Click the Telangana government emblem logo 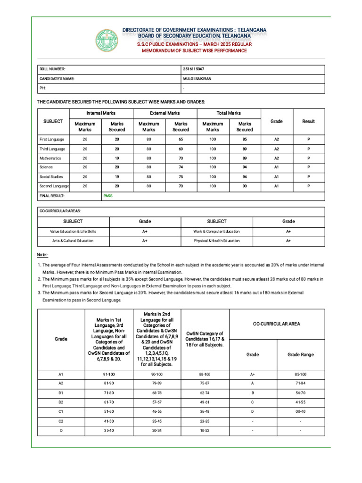(107, 40)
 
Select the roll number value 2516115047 (193, 69)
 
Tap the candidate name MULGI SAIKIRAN (197, 79)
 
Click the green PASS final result (108, 195)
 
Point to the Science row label (46, 167)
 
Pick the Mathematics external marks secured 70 (181, 158)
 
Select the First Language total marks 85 (245, 140)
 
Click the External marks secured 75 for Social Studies (181, 176)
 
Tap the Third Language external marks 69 (181, 149)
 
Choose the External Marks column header (165, 113)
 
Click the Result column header (308, 121)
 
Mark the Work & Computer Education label (216, 232)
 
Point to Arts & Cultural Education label (73, 241)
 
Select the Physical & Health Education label (216, 241)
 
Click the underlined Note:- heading (42, 255)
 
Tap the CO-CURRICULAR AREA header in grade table (277, 324)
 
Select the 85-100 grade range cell (300, 374)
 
